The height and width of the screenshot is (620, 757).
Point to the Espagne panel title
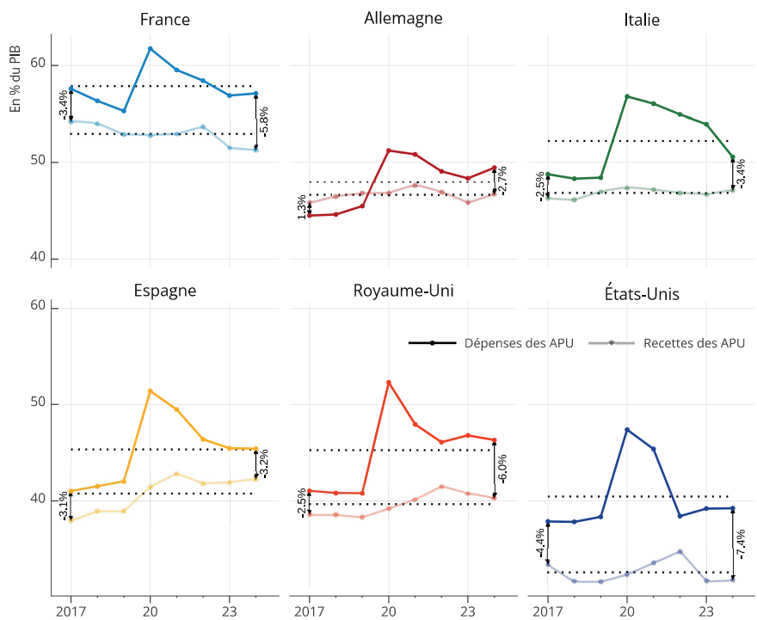coord(164,290)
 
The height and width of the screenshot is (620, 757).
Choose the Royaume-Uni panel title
coord(403,290)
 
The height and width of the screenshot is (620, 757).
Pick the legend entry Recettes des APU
coord(693,343)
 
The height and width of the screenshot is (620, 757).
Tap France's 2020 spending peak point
coord(151,49)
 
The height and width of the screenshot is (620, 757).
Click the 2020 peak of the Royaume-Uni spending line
coord(389,382)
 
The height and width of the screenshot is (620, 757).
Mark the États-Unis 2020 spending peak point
coord(626,429)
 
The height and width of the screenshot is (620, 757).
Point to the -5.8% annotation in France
coord(264,121)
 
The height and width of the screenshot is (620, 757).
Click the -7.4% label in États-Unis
coord(740,543)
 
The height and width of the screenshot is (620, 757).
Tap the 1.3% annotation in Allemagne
coord(301,206)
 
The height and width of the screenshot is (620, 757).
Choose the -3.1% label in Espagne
coord(63,505)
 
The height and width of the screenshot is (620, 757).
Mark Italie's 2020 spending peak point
coord(626,96)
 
